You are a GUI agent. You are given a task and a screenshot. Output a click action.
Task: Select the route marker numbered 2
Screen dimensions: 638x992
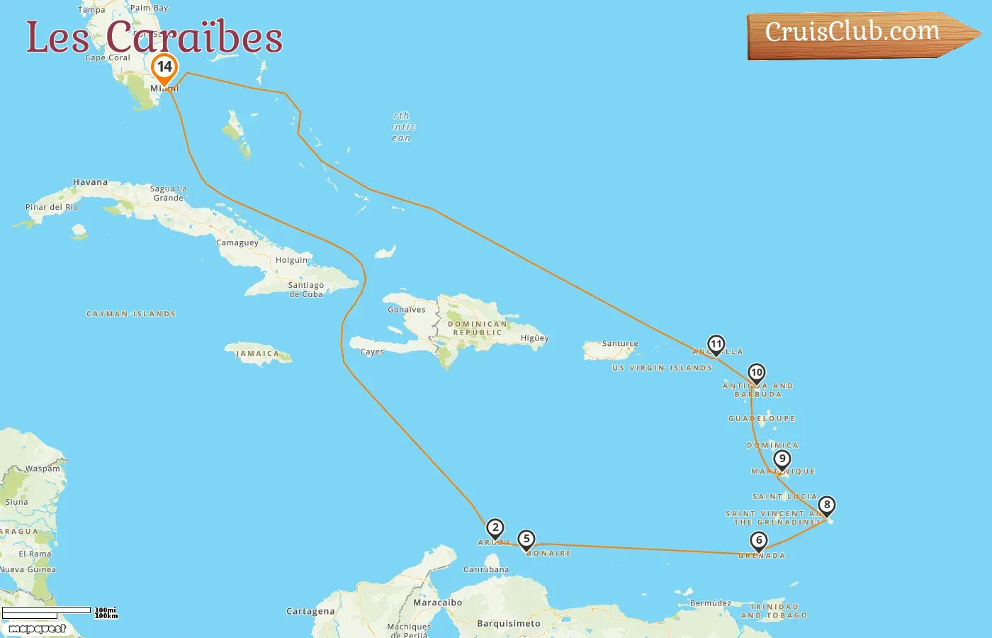coord(495,527)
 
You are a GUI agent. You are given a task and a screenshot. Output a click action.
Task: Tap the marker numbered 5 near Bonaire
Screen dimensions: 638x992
coord(526,539)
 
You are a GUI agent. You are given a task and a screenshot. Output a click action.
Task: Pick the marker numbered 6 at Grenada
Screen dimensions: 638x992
coord(759,541)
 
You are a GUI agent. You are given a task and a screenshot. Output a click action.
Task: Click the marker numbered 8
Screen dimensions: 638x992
coord(827,505)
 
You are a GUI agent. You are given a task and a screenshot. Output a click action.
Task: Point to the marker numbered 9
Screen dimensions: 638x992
coord(782,459)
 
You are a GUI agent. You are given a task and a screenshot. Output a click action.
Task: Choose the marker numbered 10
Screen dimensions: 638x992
coord(757,373)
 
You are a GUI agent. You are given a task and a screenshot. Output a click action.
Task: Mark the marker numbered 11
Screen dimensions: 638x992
coord(716,345)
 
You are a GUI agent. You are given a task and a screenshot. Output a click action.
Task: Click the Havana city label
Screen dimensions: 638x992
coord(90,182)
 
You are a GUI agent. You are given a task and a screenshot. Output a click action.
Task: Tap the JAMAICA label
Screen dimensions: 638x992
coord(258,354)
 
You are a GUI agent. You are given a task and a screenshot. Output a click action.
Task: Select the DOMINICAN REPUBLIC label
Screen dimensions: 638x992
coord(478,328)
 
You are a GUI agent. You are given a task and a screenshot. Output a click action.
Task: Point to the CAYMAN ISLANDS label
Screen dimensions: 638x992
coord(131,314)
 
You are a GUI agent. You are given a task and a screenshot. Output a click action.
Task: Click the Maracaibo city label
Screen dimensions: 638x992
coord(437,603)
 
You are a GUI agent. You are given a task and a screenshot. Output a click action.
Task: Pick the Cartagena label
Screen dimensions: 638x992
coord(310,611)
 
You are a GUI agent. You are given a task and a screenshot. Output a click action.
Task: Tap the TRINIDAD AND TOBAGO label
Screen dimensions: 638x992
coord(774,611)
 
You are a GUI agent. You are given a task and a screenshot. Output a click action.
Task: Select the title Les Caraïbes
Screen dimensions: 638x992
coord(154,37)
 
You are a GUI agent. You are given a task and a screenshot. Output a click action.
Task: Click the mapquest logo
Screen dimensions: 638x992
coord(38,629)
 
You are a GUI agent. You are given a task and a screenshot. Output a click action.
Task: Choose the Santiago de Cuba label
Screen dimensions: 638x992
coord(305,289)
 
